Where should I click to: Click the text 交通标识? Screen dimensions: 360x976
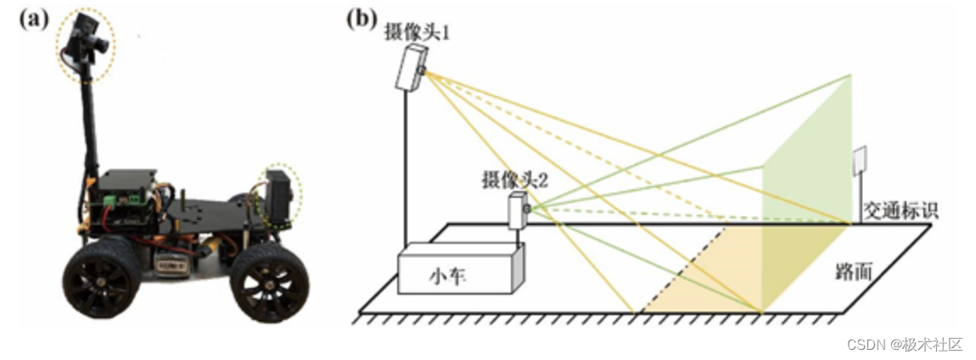tap(900, 210)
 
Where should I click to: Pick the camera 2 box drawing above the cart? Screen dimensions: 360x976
tap(518, 209)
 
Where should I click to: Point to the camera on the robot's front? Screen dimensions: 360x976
tap(279, 197)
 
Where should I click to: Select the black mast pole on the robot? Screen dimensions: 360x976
tap(88, 127)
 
